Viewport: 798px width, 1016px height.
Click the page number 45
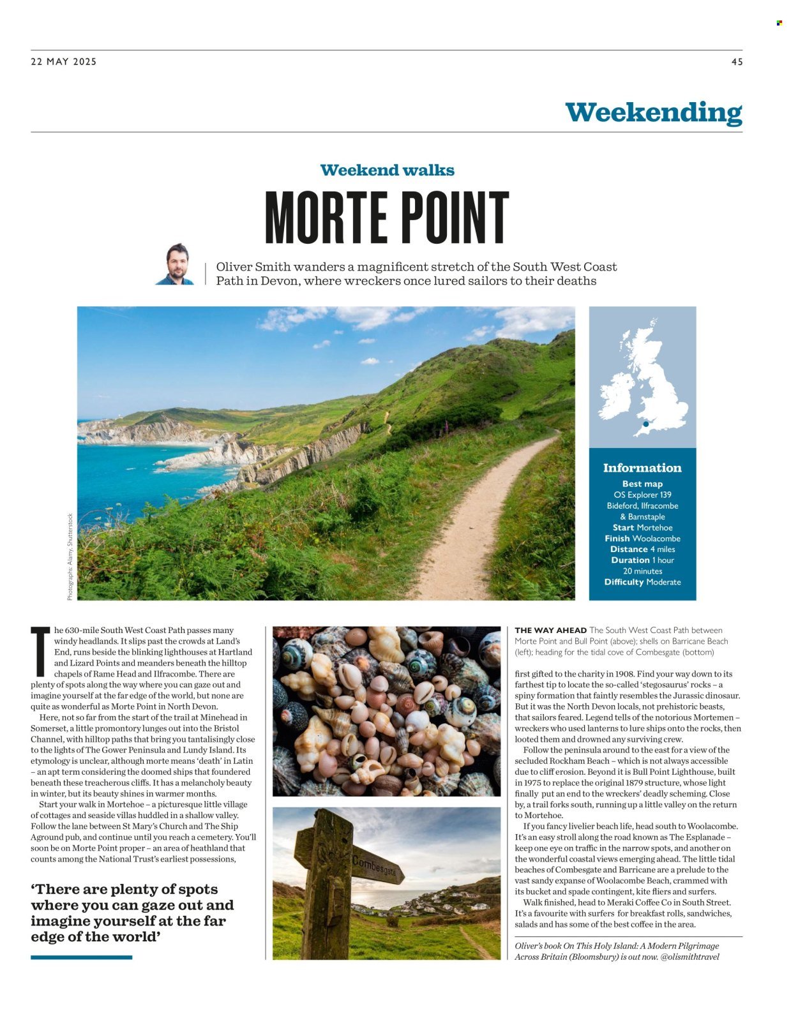click(x=737, y=62)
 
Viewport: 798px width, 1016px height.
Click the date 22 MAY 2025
click(x=64, y=62)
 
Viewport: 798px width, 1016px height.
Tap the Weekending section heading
click(x=653, y=112)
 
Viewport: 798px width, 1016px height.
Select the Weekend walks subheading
click(x=387, y=170)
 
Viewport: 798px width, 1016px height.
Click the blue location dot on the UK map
click(x=646, y=424)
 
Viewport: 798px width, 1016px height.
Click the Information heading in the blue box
click(x=642, y=468)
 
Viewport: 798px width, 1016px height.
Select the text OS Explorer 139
click(x=642, y=495)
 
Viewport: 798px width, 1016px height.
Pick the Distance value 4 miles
click(x=662, y=549)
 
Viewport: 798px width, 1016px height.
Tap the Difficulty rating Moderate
click(x=663, y=582)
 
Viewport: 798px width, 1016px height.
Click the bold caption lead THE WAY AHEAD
click(x=550, y=631)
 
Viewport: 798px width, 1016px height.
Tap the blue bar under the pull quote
click(x=81, y=957)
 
